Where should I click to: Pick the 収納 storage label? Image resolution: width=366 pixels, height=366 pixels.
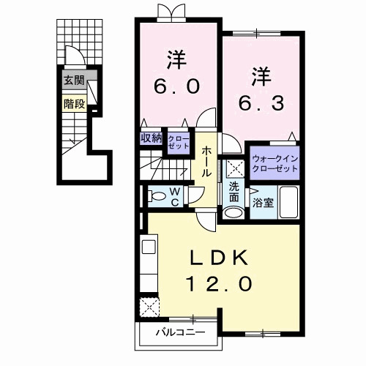coord(151,136)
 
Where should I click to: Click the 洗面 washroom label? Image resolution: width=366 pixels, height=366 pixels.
coord(234,192)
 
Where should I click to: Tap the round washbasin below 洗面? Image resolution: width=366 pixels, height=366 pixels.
coord(233,213)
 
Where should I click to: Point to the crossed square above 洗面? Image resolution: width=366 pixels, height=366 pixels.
coord(234,168)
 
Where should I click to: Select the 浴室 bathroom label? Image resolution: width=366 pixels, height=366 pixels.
coord(263,203)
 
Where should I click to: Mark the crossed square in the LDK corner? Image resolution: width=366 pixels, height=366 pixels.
coord(149,306)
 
